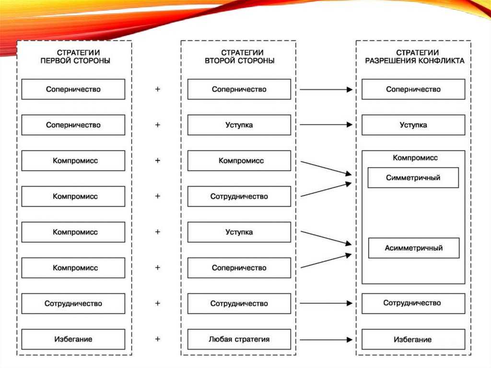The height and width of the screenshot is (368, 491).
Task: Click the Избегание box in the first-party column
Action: pos(73,339)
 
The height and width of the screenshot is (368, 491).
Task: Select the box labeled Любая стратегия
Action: pos(239,339)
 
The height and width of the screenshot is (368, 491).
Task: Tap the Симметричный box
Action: pos(413,178)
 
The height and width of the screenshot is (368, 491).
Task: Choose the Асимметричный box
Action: pos(413,249)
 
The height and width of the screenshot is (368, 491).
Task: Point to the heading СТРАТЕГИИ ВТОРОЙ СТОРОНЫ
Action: pos(239,57)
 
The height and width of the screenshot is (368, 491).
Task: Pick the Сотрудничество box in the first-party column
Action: pos(73,304)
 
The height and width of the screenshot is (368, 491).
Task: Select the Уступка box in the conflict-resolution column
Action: pos(413,125)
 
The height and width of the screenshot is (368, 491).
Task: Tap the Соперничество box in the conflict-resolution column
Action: pos(413,89)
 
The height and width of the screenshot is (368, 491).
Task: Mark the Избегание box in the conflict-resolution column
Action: pos(413,339)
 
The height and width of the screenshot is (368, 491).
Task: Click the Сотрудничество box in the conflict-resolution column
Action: pos(413,303)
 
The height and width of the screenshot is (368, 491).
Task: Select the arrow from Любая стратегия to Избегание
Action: pos(326,340)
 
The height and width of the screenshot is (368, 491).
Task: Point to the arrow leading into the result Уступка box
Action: pos(326,125)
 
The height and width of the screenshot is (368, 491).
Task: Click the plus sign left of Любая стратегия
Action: pos(157,339)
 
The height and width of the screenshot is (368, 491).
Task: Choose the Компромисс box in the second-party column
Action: pos(239,161)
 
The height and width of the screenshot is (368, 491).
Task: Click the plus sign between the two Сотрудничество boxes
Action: pos(157,303)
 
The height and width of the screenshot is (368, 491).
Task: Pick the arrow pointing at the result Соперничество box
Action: pos(326,89)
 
